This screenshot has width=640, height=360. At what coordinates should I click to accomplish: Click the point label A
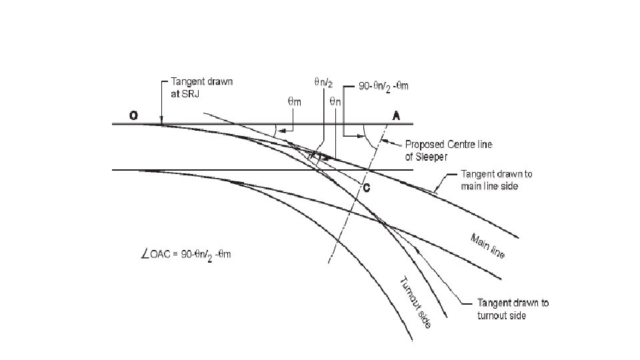pyautogui.click(x=396, y=115)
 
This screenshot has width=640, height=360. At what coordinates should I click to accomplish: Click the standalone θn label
pyautogui.click(x=336, y=102)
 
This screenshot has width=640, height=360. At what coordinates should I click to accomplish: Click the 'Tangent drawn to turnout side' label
pyautogui.click(x=513, y=309)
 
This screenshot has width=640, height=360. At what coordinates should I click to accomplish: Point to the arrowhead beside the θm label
pyautogui.click(x=283, y=131)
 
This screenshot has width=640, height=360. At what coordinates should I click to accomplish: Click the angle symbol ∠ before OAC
pyautogui.click(x=139, y=254)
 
